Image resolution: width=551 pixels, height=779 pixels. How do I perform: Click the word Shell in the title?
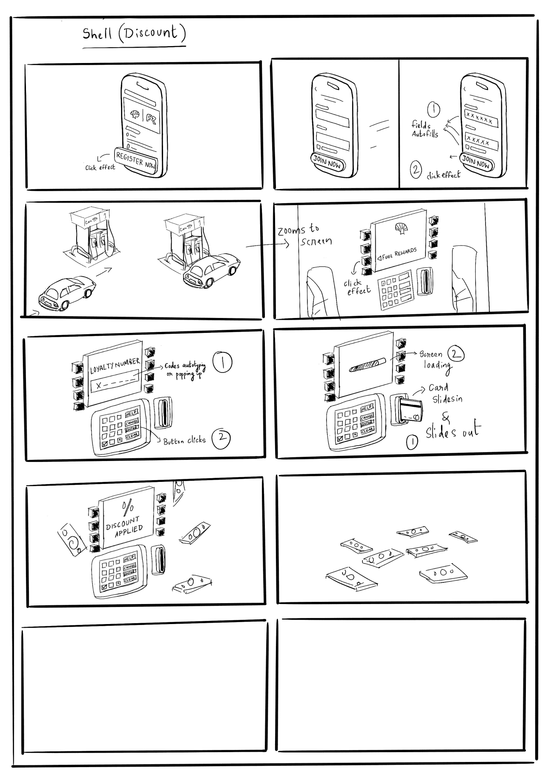pyautogui.click(x=98, y=34)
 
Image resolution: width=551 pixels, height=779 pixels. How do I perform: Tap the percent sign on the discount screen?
pyautogui.click(x=127, y=507)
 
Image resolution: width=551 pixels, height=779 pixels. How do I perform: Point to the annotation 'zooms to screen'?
pyautogui.click(x=304, y=235)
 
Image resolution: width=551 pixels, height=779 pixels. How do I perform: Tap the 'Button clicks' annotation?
pyautogui.click(x=184, y=441)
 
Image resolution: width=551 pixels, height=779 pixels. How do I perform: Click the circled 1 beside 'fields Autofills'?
pyautogui.click(x=433, y=110)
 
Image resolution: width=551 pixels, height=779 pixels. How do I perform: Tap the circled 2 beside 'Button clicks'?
pyautogui.click(x=221, y=439)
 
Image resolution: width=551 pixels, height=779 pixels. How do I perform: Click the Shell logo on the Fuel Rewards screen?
pyautogui.click(x=400, y=228)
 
